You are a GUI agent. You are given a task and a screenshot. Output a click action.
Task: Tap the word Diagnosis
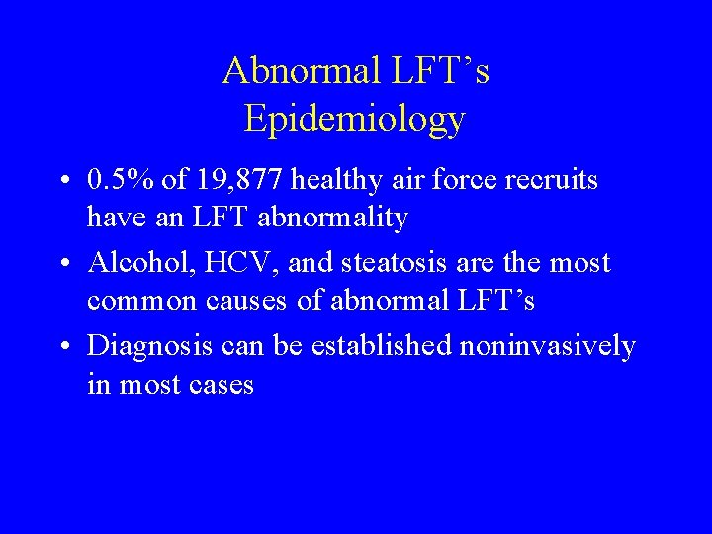(149, 347)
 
